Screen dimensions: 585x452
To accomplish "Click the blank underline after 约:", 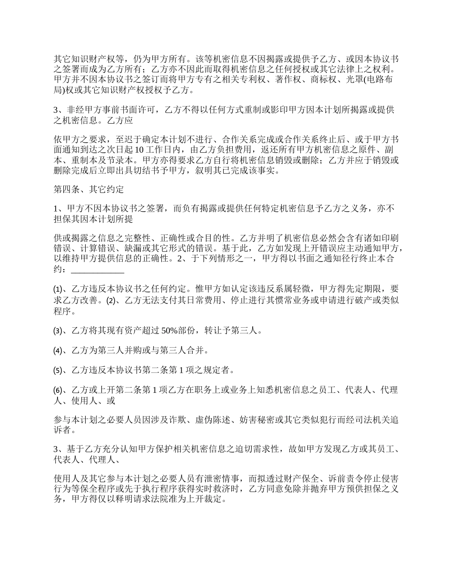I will pos(97,270).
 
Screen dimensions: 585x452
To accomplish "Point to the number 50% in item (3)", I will pos(170,331).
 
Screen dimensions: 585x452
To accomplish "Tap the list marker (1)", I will pos(58,289).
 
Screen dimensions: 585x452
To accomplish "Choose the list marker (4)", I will pos(58,351).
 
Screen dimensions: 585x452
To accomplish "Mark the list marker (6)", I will pos(58,390).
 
